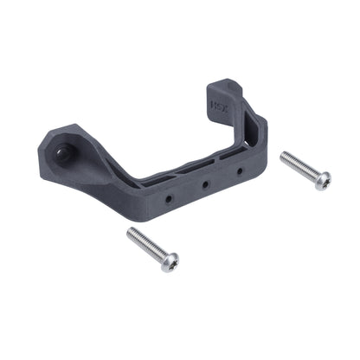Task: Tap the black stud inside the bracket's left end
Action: (x=63, y=153)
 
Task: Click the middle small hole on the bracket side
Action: (x=205, y=184)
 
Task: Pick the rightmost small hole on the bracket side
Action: (x=240, y=171)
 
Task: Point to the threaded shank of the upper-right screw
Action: (x=299, y=166)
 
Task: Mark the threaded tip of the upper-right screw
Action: (x=284, y=157)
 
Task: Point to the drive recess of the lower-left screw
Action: (x=170, y=261)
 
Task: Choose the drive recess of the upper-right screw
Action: (x=323, y=181)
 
